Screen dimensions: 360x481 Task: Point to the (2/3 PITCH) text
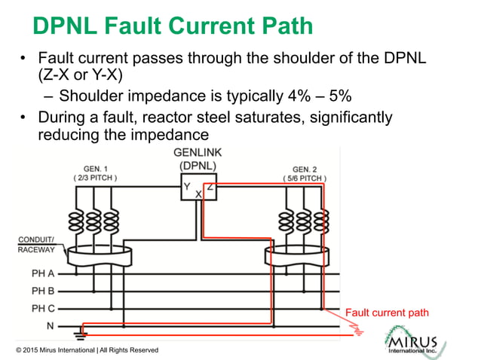click(x=95, y=178)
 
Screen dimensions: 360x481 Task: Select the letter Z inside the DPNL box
click(x=210, y=186)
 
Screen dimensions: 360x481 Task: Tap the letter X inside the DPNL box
click(x=198, y=194)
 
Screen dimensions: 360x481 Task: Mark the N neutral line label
click(x=51, y=325)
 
